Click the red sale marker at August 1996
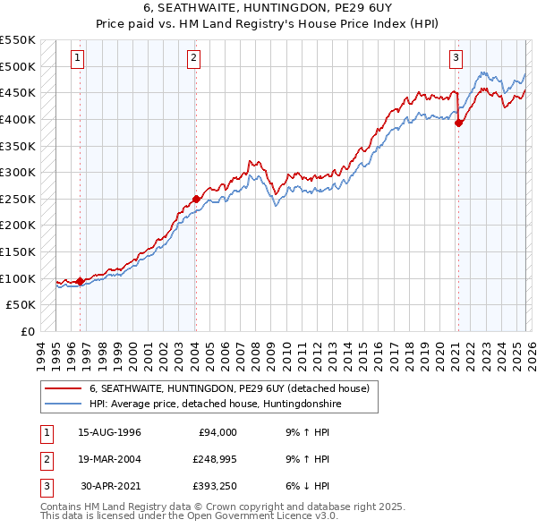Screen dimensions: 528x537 click(81, 281)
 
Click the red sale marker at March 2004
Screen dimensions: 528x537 click(196, 199)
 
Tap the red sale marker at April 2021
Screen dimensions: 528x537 click(458, 123)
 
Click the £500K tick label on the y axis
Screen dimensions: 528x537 click(18, 66)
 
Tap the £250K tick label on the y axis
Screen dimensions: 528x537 click(18, 199)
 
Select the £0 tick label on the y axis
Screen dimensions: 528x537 click(27, 331)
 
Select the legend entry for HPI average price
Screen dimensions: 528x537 click(215, 405)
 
